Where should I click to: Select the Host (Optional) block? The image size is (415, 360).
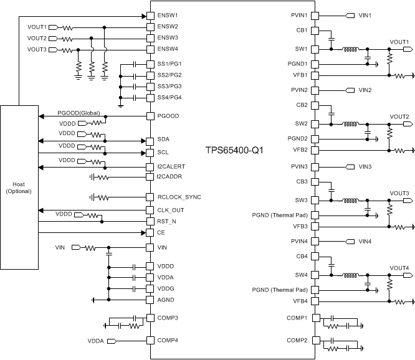click(x=19, y=187)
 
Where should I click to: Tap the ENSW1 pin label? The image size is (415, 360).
click(x=167, y=15)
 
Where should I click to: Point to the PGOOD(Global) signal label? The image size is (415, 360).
click(x=79, y=113)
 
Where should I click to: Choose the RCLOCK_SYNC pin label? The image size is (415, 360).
click(x=179, y=197)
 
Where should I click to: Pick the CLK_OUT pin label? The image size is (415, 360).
click(x=170, y=210)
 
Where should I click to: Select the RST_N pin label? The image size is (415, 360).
click(x=166, y=221)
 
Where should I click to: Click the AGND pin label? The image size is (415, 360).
click(x=166, y=300)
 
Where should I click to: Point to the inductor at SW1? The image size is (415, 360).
click(x=350, y=49)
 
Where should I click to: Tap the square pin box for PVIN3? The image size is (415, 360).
click(x=315, y=167)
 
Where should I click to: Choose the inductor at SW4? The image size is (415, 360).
click(x=350, y=275)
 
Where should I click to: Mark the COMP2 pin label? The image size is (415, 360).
click(x=297, y=341)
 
